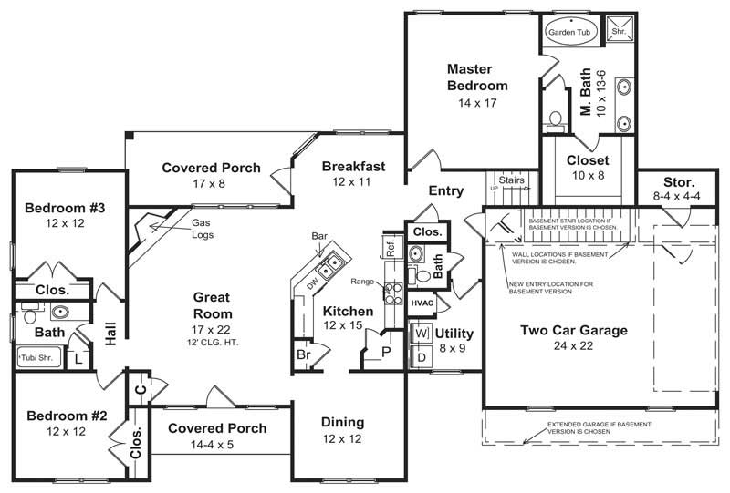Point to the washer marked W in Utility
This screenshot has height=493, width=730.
pos(422,333)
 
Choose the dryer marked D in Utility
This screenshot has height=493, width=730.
pos(422,356)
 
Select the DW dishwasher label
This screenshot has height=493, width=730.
pos(311,284)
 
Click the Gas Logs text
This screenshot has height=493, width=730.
pos(203,227)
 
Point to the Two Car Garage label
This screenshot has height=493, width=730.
pos(573,330)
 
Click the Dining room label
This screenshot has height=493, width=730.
pos(343,422)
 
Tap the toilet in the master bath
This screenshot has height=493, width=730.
pos(553,120)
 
